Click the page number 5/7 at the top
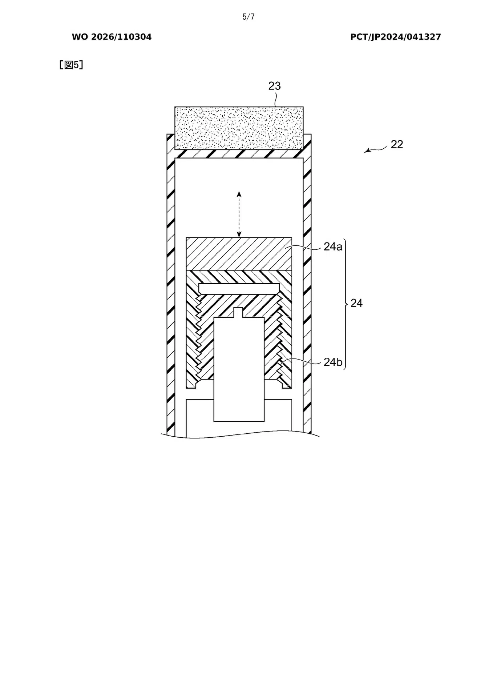248,17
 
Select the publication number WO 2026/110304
112,37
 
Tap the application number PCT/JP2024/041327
395,37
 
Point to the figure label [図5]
71,65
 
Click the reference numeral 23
274,86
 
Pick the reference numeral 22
397,144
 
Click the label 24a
333,247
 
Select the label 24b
333,362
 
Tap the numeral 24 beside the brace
356,303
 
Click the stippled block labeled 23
239,128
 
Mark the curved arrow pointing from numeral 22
376,149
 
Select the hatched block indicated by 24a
239,254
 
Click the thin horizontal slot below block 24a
239,288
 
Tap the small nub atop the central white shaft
239,312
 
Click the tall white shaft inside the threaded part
239,369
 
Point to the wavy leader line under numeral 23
276,99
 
